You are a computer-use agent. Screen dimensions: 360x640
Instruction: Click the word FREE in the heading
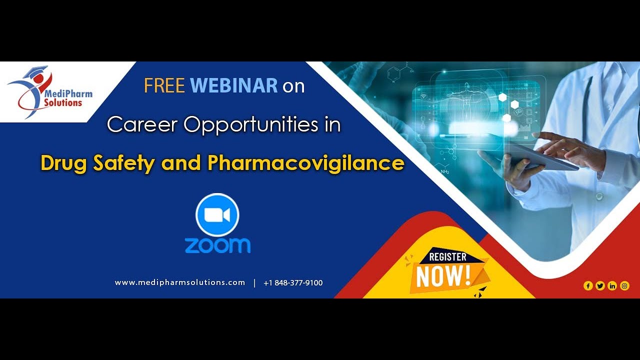[164, 86]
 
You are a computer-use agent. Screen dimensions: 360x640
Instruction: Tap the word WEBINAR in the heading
[234, 86]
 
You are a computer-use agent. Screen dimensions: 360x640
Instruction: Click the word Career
[143, 124]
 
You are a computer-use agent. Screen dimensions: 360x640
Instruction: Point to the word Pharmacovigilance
[306, 163]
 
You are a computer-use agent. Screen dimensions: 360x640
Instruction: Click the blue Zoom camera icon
[217, 215]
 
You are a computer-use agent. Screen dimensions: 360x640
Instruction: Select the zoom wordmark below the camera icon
[217, 245]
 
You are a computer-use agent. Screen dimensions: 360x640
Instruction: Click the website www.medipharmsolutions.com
[180, 282]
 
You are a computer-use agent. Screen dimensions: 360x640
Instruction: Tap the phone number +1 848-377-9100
[293, 283]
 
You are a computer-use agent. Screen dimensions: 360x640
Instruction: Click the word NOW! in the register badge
[443, 275]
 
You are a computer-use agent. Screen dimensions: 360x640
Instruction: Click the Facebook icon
[588, 286]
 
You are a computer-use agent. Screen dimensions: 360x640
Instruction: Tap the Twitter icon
[600, 286]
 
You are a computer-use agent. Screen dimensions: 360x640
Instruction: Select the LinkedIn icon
[612, 286]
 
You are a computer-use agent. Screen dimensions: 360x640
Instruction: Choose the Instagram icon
[624, 286]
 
